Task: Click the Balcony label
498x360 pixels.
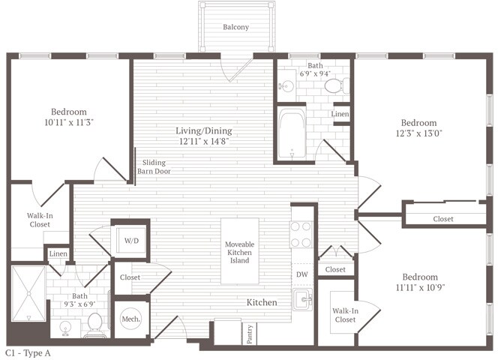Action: pyautogui.click(x=235, y=28)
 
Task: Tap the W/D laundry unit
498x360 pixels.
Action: pyautogui.click(x=131, y=241)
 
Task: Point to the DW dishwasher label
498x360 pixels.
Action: pyautogui.click(x=301, y=274)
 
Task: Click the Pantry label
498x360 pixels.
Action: pyautogui.click(x=249, y=333)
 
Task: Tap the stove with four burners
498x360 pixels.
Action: pyautogui.click(x=301, y=233)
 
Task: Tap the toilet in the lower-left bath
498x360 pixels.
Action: pyautogui.click(x=94, y=324)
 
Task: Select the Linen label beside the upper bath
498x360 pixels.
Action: pyautogui.click(x=340, y=113)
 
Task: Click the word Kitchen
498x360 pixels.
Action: pyautogui.click(x=262, y=302)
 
